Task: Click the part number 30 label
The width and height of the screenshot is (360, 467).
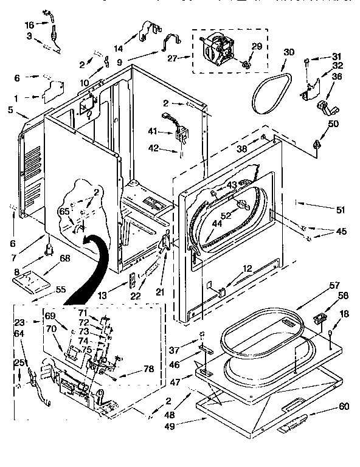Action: tap(289, 52)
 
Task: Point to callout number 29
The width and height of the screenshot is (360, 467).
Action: tap(257, 47)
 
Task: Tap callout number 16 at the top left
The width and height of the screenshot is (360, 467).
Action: tap(29, 25)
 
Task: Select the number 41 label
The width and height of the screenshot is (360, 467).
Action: tap(153, 131)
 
